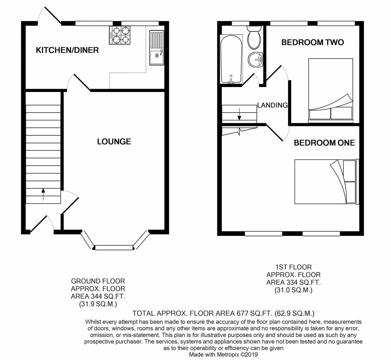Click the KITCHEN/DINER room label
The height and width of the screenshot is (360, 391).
point(67,50)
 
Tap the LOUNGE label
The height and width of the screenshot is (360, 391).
point(114,142)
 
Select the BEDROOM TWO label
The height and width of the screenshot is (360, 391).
point(312,42)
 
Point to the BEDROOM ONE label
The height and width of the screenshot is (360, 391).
point(324,143)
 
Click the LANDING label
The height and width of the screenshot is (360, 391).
point(272,105)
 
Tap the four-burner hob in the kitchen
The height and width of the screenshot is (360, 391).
point(119,35)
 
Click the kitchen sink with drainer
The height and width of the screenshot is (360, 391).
point(156,47)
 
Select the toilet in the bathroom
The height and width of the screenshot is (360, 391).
point(255,38)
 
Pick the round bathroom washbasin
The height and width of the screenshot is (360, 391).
point(255,60)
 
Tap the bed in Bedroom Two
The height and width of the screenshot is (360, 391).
point(330,89)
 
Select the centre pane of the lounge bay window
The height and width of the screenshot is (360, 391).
point(114,247)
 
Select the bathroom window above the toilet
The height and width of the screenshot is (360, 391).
point(240,23)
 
